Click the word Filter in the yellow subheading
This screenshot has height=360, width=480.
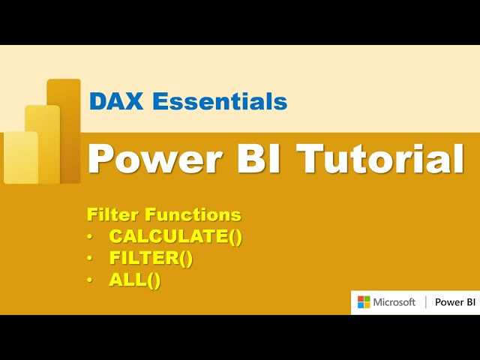click(112, 215)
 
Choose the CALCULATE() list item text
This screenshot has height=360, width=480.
click(176, 236)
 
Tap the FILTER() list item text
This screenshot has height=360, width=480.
click(151, 259)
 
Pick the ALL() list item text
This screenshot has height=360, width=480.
click(135, 280)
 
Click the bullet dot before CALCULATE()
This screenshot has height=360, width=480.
click(91, 237)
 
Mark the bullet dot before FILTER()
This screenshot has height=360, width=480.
click(91, 259)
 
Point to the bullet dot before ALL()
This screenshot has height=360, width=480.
click(91, 281)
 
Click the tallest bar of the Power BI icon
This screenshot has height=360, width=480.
click(66, 127)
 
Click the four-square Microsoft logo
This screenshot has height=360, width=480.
click(364, 302)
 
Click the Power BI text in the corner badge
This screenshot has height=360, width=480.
click(455, 302)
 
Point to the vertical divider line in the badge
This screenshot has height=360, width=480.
click(425, 302)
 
